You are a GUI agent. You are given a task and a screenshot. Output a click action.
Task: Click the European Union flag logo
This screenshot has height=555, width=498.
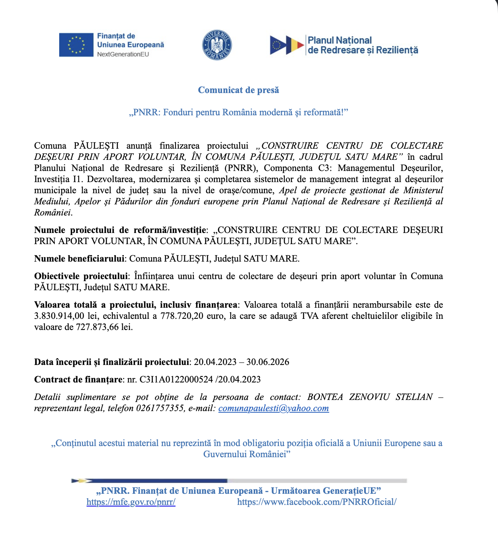coord(76,45)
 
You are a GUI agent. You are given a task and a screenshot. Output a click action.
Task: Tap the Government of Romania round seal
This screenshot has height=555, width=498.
coord(217,45)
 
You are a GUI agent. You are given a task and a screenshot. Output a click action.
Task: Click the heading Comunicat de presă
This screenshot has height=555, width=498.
coord(238,90)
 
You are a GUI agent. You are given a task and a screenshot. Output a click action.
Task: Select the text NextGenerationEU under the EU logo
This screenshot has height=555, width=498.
coord(123,54)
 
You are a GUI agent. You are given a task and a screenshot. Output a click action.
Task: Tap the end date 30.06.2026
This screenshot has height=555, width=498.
coord(268,362)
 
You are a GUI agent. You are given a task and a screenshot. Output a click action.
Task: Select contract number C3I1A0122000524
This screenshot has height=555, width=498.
coord(176,380)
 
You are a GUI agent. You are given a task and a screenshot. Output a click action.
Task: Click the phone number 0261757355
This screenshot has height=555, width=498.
coord(160,408)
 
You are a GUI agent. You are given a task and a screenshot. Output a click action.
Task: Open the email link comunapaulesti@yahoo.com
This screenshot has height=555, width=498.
coord(274,408)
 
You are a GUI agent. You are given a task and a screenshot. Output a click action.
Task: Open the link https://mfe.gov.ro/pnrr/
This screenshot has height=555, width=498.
coord(131,502)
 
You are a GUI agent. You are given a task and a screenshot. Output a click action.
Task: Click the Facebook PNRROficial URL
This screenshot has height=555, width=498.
coord(317,502)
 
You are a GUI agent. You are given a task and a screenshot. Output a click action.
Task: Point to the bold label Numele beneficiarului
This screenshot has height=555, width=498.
coord(79,259)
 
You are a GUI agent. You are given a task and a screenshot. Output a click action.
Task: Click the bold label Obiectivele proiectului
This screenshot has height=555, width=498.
coord(81,276)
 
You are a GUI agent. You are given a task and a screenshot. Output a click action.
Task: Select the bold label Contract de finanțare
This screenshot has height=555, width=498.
coord(78,380)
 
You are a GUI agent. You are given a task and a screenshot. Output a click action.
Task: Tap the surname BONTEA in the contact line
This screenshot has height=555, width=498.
coord(325,397)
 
